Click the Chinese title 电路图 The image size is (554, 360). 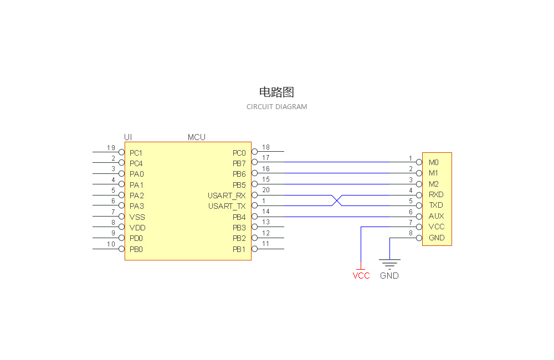[276, 92]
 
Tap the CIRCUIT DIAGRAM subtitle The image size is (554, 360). [276, 106]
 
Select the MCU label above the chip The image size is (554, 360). [196, 137]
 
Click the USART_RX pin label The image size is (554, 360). [227, 196]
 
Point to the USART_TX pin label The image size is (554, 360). [227, 206]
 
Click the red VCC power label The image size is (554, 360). [361, 275]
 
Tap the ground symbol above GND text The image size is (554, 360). [389, 263]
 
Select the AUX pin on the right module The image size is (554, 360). [436, 216]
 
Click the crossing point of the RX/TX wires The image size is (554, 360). [336, 200]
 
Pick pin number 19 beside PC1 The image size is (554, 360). [111, 148]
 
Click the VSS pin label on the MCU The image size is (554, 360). [137, 217]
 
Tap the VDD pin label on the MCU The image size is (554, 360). [137, 228]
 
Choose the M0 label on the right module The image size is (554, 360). [433, 163]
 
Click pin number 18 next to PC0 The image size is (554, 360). [266, 147]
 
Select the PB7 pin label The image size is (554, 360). [239, 163]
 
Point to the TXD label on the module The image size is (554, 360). [435, 205]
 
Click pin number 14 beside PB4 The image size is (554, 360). [266, 212]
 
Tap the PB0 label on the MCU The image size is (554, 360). [136, 249]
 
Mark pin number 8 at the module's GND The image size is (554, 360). [411, 233]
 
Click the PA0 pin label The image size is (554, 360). [136, 174]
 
